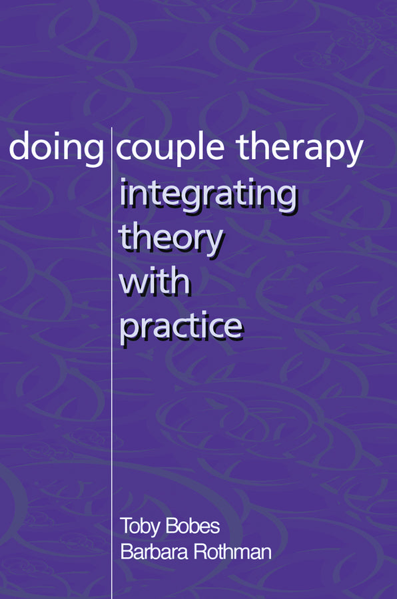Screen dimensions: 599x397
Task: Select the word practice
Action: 180,327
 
